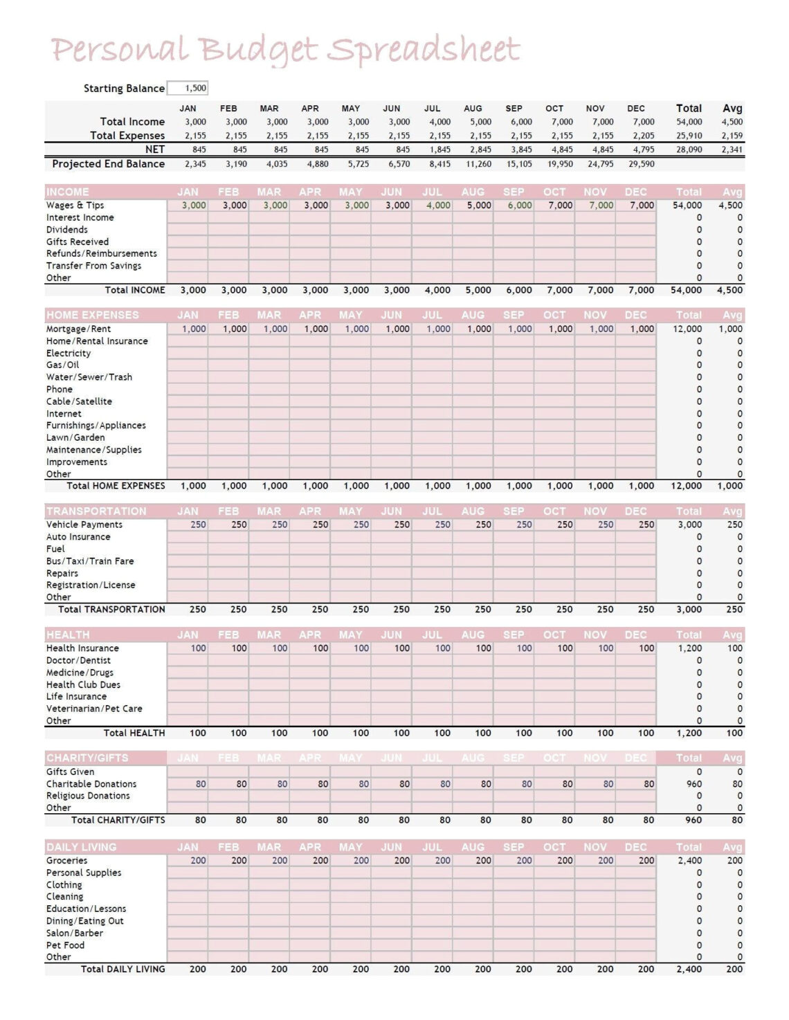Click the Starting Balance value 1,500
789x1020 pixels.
pos(195,89)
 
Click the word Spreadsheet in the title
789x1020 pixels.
pos(423,51)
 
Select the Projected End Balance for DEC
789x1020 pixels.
pos(641,165)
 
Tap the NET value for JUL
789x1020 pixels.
pos(439,149)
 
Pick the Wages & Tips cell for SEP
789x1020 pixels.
pos(520,206)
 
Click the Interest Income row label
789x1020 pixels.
pos(80,218)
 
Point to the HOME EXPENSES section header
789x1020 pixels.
pos(93,315)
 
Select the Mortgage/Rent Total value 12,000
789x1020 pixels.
pos(687,329)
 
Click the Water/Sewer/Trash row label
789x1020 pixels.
pos(89,378)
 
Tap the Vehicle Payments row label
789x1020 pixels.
pos(84,525)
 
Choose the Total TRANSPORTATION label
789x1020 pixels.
pos(111,610)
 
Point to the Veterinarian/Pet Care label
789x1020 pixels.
pos(94,709)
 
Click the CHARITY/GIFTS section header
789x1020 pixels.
pos(87,758)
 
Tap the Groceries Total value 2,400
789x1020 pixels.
pos(689,862)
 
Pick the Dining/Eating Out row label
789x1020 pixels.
pos(85,922)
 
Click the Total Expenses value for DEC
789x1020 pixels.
pos(643,136)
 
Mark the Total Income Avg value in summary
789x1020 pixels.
pos(732,122)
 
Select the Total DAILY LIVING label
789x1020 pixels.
pos(123,969)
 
